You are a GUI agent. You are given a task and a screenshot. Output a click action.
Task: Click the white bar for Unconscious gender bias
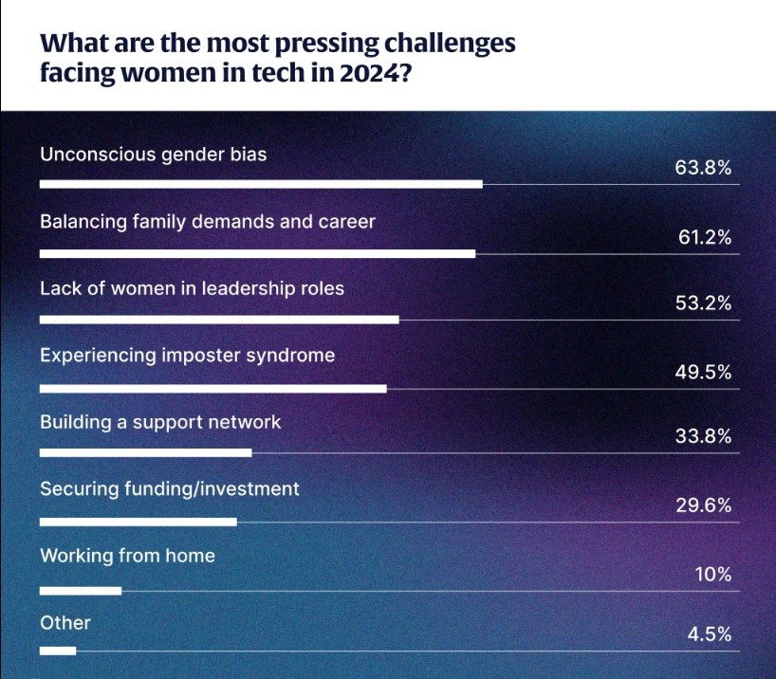261,184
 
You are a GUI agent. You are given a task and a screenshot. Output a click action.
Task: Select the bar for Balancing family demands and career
257,253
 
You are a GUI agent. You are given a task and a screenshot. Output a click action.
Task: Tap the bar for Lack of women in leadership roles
219,321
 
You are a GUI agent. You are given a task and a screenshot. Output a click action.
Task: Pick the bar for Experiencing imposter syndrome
213,389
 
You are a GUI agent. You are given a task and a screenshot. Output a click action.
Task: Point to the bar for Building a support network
145,453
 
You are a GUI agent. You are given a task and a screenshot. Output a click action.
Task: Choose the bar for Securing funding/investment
138,522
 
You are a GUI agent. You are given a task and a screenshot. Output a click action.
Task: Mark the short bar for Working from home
81,591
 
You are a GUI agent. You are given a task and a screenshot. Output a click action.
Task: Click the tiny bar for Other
58,651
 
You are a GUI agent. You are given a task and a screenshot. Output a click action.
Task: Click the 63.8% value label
703,169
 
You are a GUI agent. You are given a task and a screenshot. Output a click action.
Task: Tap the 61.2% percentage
704,237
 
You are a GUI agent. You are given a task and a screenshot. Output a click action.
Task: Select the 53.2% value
703,303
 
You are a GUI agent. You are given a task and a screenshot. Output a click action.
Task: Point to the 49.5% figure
703,373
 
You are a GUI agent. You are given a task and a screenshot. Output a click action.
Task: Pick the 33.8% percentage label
703,437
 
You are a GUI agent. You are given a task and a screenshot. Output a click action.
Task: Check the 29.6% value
703,505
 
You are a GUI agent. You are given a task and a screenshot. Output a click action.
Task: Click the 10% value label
711,574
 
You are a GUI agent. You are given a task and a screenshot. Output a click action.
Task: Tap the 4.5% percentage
709,634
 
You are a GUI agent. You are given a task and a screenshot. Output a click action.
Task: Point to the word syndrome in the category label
287,356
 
